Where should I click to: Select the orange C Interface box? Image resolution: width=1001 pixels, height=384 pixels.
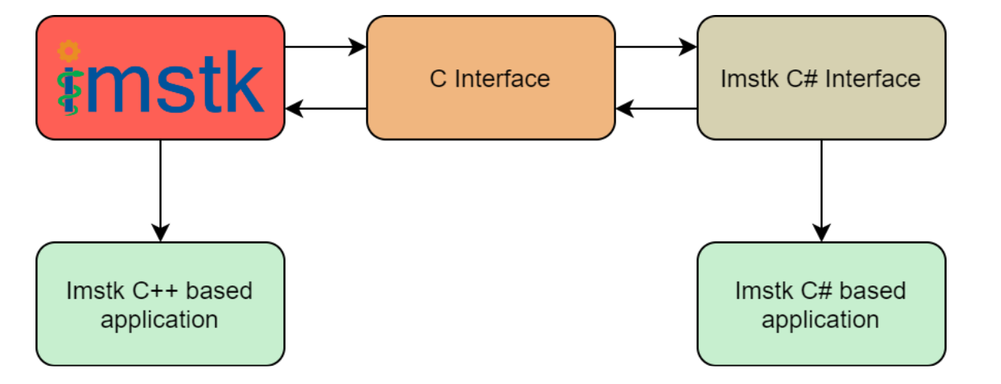point(490,78)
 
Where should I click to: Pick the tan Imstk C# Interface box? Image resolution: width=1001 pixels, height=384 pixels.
point(820,78)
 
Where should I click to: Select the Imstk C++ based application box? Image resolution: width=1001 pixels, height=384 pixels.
point(160,304)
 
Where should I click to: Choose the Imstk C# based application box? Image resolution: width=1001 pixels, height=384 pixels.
point(820,304)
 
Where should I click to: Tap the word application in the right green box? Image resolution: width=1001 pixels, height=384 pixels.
point(820,319)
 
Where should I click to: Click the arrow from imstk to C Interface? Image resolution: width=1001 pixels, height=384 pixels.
point(325,47)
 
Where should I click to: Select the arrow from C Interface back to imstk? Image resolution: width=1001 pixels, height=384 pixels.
point(325,109)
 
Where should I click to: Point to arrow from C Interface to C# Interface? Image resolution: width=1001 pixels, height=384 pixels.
point(656,47)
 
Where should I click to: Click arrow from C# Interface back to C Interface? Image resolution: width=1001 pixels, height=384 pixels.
point(656,109)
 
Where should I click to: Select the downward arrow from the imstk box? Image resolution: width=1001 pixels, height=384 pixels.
point(160,190)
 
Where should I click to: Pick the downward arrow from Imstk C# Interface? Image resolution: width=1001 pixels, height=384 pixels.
point(821,190)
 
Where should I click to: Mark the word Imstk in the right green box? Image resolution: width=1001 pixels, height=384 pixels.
point(762,291)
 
